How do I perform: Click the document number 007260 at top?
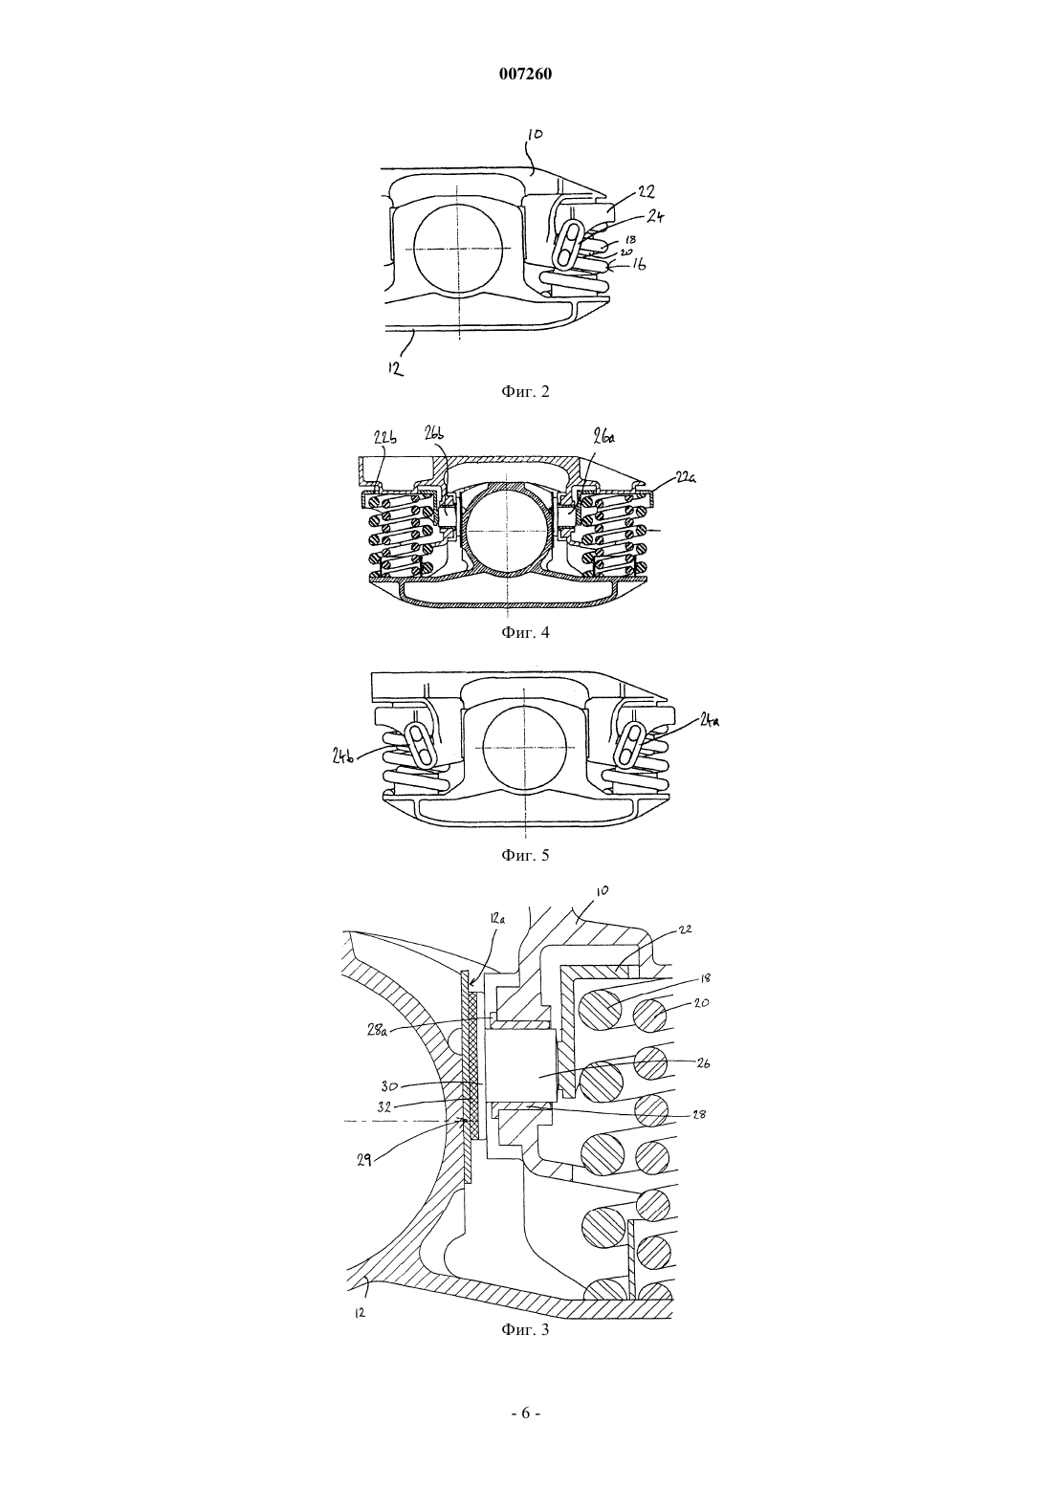click(525, 75)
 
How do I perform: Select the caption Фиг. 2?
click(525, 391)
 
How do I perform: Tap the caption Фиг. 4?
click(525, 632)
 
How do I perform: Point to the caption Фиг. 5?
click(525, 854)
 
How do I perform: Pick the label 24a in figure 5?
click(709, 718)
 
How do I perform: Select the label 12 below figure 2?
click(395, 367)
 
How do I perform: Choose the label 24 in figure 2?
click(655, 216)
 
